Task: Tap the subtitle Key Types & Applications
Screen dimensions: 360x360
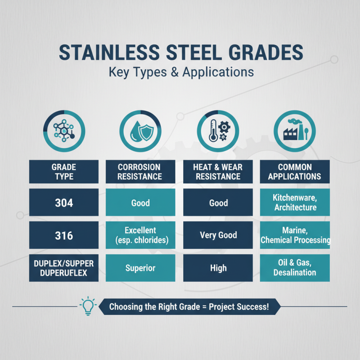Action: click(180, 72)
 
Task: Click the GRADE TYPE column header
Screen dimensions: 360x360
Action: click(63, 171)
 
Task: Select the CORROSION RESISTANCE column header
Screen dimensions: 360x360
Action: click(140, 171)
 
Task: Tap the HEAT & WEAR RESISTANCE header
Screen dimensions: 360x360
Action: click(218, 171)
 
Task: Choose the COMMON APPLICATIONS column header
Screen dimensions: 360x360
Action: click(295, 171)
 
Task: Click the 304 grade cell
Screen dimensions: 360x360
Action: click(63, 202)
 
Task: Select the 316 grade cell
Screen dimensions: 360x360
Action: click(63, 235)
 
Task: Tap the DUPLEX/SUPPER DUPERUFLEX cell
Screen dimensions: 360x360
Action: click(63, 268)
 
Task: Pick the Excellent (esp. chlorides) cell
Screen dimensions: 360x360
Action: click(140, 235)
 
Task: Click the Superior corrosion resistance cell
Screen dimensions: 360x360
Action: click(140, 268)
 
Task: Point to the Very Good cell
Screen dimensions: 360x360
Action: click(218, 235)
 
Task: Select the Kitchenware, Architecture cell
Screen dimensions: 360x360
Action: click(295, 202)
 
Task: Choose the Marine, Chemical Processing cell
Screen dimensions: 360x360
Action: click(295, 235)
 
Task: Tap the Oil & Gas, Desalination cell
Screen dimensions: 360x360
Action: click(295, 268)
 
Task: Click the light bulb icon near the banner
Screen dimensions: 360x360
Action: click(87, 306)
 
